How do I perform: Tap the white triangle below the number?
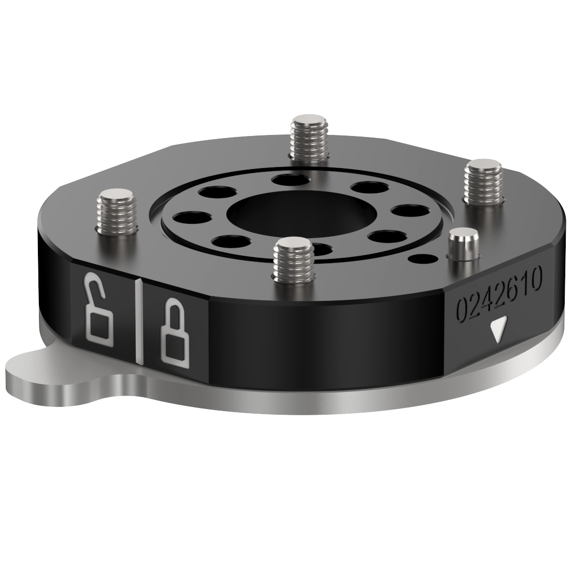coord(497,331)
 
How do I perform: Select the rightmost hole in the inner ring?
coord(408,212)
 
